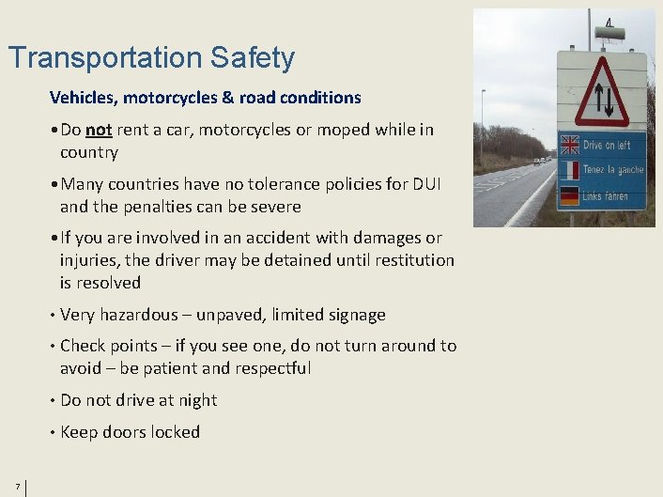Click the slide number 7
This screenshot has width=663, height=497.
coord(17,486)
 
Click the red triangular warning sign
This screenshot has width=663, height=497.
coord(602,92)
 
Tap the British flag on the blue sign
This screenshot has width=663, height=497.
coord(569,145)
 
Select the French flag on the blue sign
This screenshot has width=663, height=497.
coord(569,170)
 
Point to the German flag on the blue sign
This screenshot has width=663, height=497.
coord(569,195)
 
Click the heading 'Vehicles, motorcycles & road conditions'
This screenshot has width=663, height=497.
coord(205,98)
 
